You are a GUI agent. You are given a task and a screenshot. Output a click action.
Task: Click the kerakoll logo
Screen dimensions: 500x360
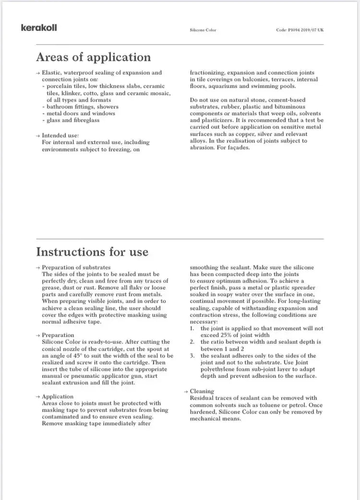[39, 28]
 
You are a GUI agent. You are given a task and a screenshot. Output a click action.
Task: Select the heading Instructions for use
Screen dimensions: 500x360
[92, 252]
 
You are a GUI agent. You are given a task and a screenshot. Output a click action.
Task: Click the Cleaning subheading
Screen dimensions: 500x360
[202, 391]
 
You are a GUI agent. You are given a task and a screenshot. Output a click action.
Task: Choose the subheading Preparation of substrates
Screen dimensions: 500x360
[76, 267]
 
